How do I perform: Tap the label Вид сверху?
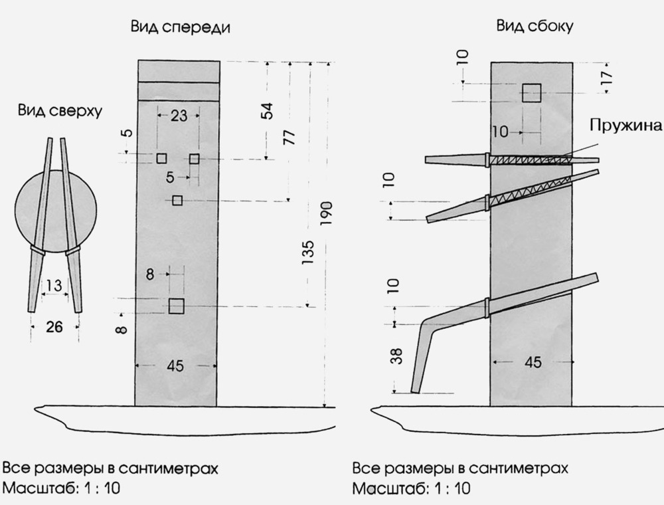(x=60, y=111)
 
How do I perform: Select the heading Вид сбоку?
(x=535, y=27)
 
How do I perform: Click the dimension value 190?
(x=326, y=213)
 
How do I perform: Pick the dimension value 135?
(x=307, y=253)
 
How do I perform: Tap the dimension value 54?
(x=267, y=110)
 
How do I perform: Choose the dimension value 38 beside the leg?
(x=396, y=356)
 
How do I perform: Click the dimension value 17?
(x=606, y=78)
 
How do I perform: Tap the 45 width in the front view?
(x=176, y=365)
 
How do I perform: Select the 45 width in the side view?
(x=533, y=362)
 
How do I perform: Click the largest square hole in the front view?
(x=176, y=306)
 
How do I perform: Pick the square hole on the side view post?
(x=531, y=92)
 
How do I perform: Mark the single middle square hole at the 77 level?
(x=177, y=201)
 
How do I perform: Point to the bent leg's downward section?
(x=422, y=359)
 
